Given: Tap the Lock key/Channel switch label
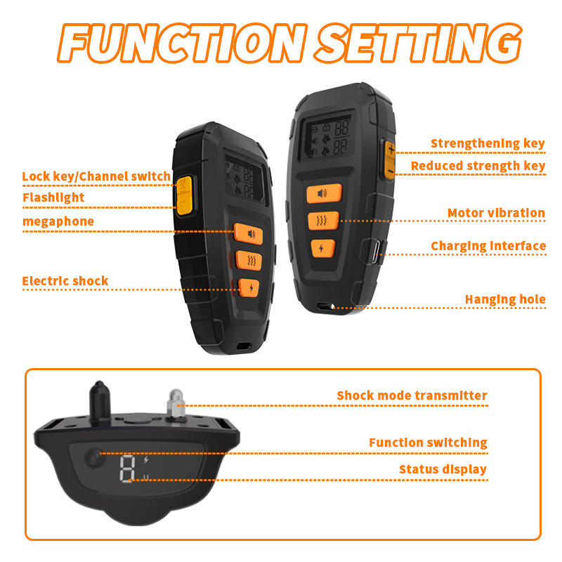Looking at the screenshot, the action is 96,176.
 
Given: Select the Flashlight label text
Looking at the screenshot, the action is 53,197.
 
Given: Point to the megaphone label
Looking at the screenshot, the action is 58,221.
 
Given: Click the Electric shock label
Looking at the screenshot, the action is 65,281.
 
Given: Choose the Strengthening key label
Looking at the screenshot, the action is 488,144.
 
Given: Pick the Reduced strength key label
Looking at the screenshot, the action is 478,166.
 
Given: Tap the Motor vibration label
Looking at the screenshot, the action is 496,213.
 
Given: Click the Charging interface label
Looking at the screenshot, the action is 488,246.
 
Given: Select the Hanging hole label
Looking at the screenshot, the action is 505,299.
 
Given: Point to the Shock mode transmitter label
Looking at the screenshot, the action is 412,396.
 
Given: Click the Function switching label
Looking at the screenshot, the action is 428,443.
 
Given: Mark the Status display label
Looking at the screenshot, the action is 443,469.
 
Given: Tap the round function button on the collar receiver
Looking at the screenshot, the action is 92,459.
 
